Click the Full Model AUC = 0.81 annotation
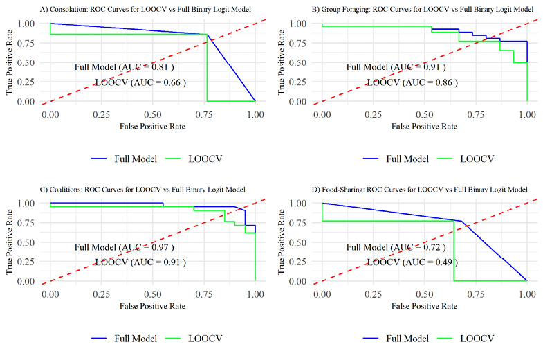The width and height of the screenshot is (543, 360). pos(124,67)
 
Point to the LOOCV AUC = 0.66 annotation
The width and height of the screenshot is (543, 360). pos(140,82)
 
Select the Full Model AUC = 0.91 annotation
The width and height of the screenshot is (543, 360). pos(396,67)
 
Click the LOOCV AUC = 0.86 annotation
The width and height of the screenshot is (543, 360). pos(412,82)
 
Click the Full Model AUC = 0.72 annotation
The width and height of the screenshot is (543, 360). pos(396,247)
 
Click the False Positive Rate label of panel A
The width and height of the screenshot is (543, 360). pos(152,127)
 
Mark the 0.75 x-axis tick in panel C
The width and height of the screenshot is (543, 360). pos(203,294)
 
